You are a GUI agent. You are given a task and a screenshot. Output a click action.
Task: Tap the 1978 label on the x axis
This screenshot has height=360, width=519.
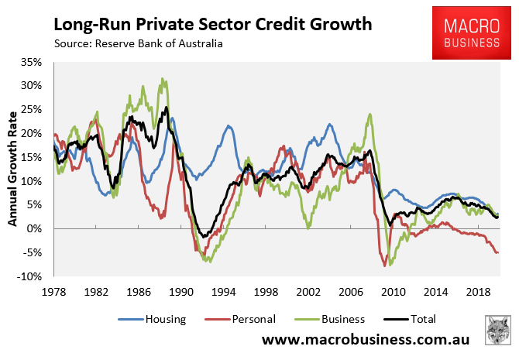click(53, 292)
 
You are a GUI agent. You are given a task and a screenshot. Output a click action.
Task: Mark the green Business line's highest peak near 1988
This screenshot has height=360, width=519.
click(162, 78)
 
